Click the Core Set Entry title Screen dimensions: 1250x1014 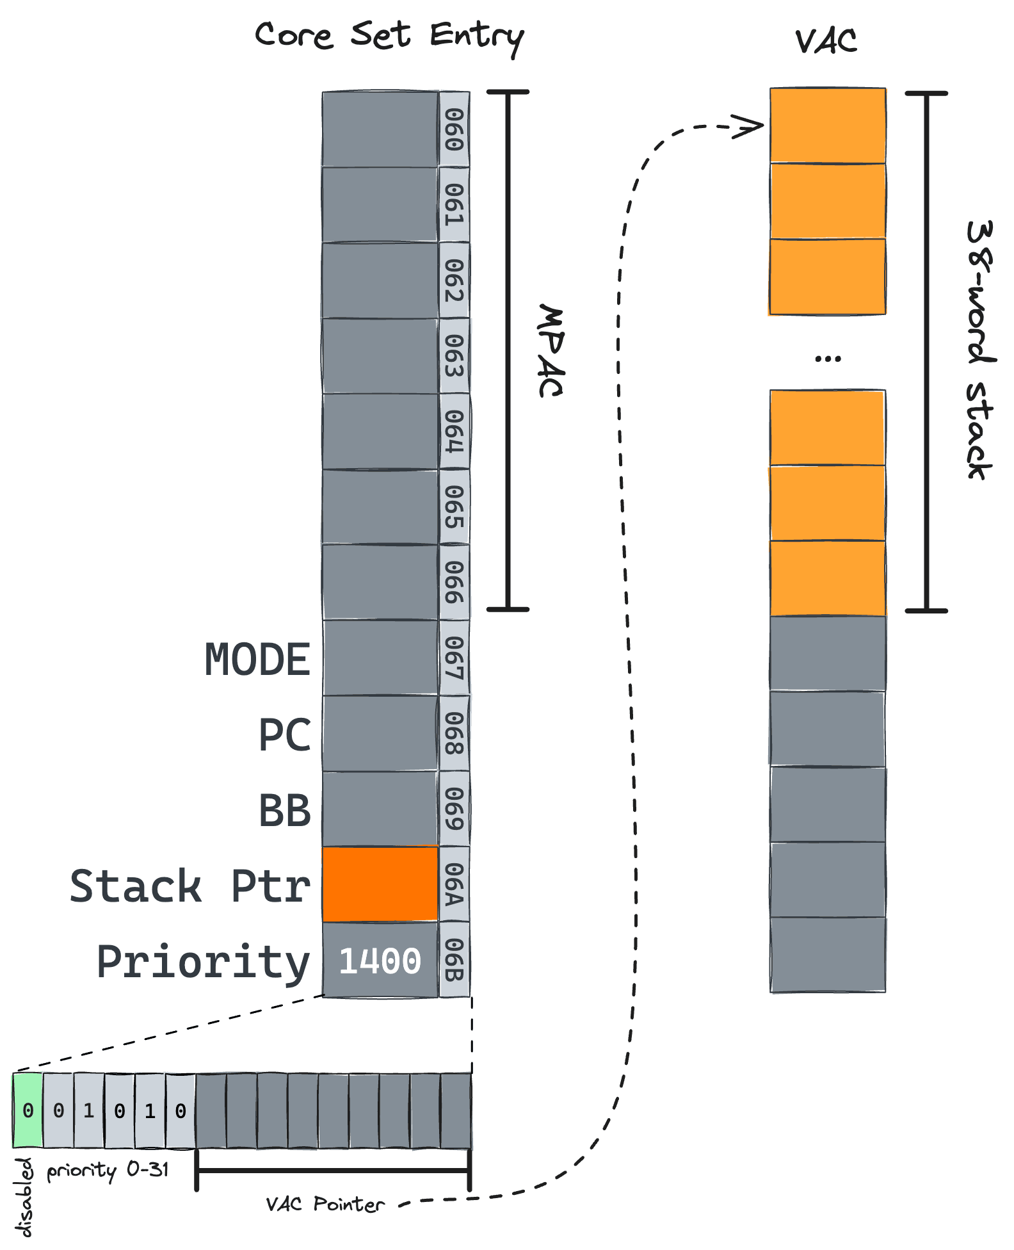(389, 37)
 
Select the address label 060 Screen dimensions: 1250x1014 (454, 129)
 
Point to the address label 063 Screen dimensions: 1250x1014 (454, 355)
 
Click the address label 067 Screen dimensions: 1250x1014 (454, 658)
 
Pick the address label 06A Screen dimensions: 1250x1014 (454, 884)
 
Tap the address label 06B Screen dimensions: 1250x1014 (454, 960)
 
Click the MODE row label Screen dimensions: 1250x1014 (257, 660)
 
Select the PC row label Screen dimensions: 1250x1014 (284, 735)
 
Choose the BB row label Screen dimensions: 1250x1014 (284, 810)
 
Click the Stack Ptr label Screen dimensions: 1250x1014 (190, 886)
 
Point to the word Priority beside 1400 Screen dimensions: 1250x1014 (203, 962)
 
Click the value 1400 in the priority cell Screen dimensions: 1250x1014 (380, 961)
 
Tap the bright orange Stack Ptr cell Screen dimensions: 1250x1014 (380, 884)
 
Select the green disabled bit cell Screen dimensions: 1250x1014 (28, 1110)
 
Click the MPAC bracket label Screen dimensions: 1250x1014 (550, 351)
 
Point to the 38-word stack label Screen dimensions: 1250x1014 (979, 350)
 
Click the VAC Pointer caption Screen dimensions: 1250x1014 (325, 1205)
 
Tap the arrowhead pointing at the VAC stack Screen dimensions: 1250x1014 (749, 126)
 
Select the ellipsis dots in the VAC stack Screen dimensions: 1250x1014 (828, 359)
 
